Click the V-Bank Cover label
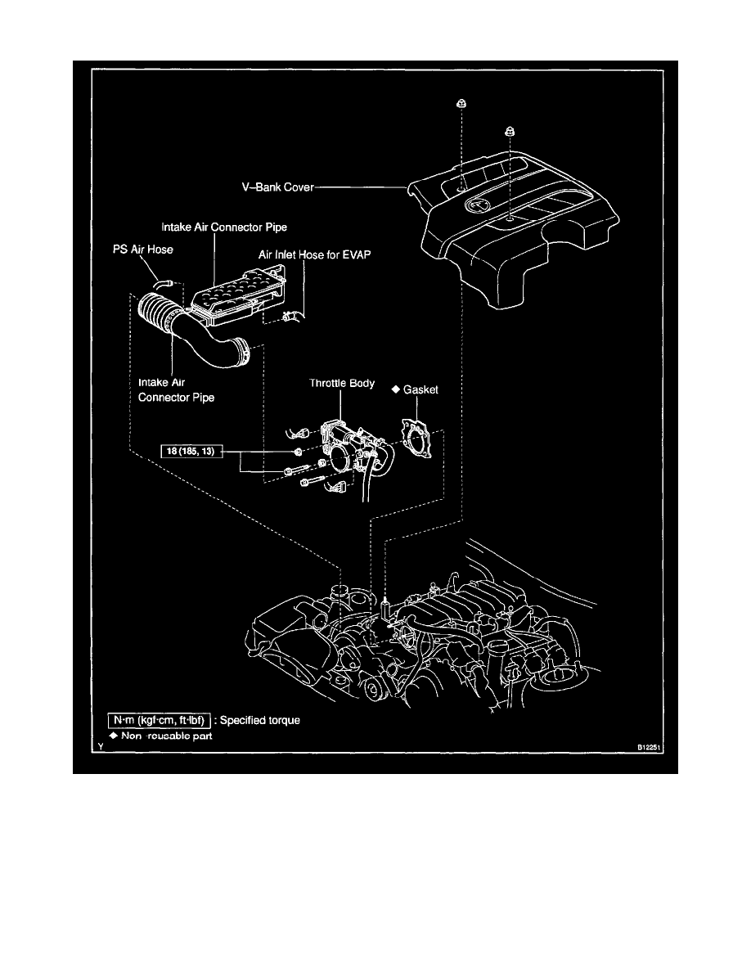coord(277,187)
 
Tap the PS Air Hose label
coord(143,250)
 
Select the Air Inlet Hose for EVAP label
coord(315,254)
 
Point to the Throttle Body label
coord(342,383)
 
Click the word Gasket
coord(420,390)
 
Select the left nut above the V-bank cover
coord(461,104)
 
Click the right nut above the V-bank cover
coord(510,131)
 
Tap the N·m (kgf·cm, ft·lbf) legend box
coord(160,720)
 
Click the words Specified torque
coord(259,720)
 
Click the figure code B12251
coord(650,748)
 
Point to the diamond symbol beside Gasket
coord(396,389)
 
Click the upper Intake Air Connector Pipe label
coord(224,227)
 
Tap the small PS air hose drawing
coord(164,284)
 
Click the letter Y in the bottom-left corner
coord(101,748)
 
